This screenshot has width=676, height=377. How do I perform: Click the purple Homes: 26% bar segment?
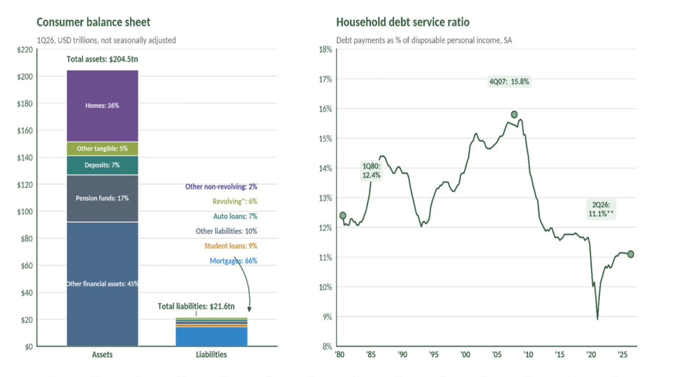(102, 106)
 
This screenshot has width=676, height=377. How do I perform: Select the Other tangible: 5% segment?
(102, 148)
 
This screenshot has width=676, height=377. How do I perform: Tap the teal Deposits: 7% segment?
(102, 165)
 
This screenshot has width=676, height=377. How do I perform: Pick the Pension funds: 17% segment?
(102, 198)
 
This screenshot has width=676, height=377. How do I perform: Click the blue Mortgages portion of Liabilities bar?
(211, 336)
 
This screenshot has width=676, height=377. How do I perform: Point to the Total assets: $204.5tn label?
(102, 59)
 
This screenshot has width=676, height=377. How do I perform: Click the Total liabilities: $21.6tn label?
(196, 307)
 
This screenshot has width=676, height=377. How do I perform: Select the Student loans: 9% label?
(230, 246)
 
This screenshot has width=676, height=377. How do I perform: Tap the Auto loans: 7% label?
(235, 216)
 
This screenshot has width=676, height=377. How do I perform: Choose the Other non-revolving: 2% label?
(221, 186)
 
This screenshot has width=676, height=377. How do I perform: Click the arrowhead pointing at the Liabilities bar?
(249, 309)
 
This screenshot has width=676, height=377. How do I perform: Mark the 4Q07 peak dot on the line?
(514, 115)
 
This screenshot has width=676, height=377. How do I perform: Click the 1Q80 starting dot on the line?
(343, 215)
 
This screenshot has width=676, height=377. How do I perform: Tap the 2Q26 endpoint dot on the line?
(631, 254)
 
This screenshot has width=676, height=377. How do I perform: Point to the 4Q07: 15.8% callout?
(509, 82)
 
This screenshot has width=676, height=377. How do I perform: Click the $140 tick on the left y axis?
(25, 157)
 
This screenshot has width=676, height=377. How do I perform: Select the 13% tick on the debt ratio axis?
(325, 198)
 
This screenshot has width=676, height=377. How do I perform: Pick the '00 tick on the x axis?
(465, 355)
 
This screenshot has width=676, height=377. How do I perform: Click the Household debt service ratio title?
(403, 22)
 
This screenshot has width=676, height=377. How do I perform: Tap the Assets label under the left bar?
(102, 355)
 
